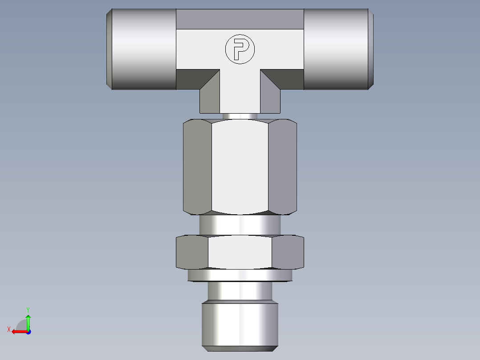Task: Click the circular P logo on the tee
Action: click(240, 49)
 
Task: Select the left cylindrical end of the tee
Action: click(142, 49)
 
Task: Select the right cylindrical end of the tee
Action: click(338, 49)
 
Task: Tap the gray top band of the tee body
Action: click(240, 19)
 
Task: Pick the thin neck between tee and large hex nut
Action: click(240, 116)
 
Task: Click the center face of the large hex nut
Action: click(240, 167)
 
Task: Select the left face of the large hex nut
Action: click(197, 167)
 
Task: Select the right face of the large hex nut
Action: click(283, 167)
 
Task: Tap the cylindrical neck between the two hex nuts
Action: click(240, 225)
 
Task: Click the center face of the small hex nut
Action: click(240, 252)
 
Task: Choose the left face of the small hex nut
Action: click(192, 252)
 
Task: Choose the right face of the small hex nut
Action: click(288, 252)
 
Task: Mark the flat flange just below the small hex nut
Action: click(240, 276)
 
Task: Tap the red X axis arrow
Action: click(17, 331)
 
